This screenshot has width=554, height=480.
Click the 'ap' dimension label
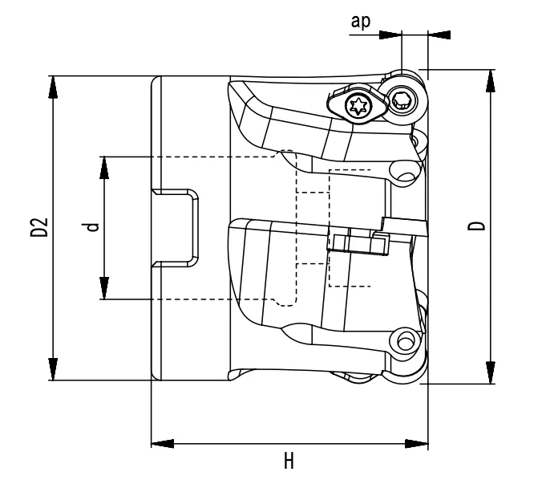tap(361, 20)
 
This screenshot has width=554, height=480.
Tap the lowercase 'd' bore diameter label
tap(94, 227)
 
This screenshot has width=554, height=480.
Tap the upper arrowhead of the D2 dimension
tap(53, 87)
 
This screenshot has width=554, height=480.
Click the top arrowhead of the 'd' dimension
tap(104, 168)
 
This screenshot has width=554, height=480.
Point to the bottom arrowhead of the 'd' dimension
tap(104, 288)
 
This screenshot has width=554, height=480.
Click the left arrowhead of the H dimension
tap(163, 443)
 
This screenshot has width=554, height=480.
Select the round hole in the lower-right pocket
tap(400, 341)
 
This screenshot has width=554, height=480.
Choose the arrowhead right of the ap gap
tap(439, 35)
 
